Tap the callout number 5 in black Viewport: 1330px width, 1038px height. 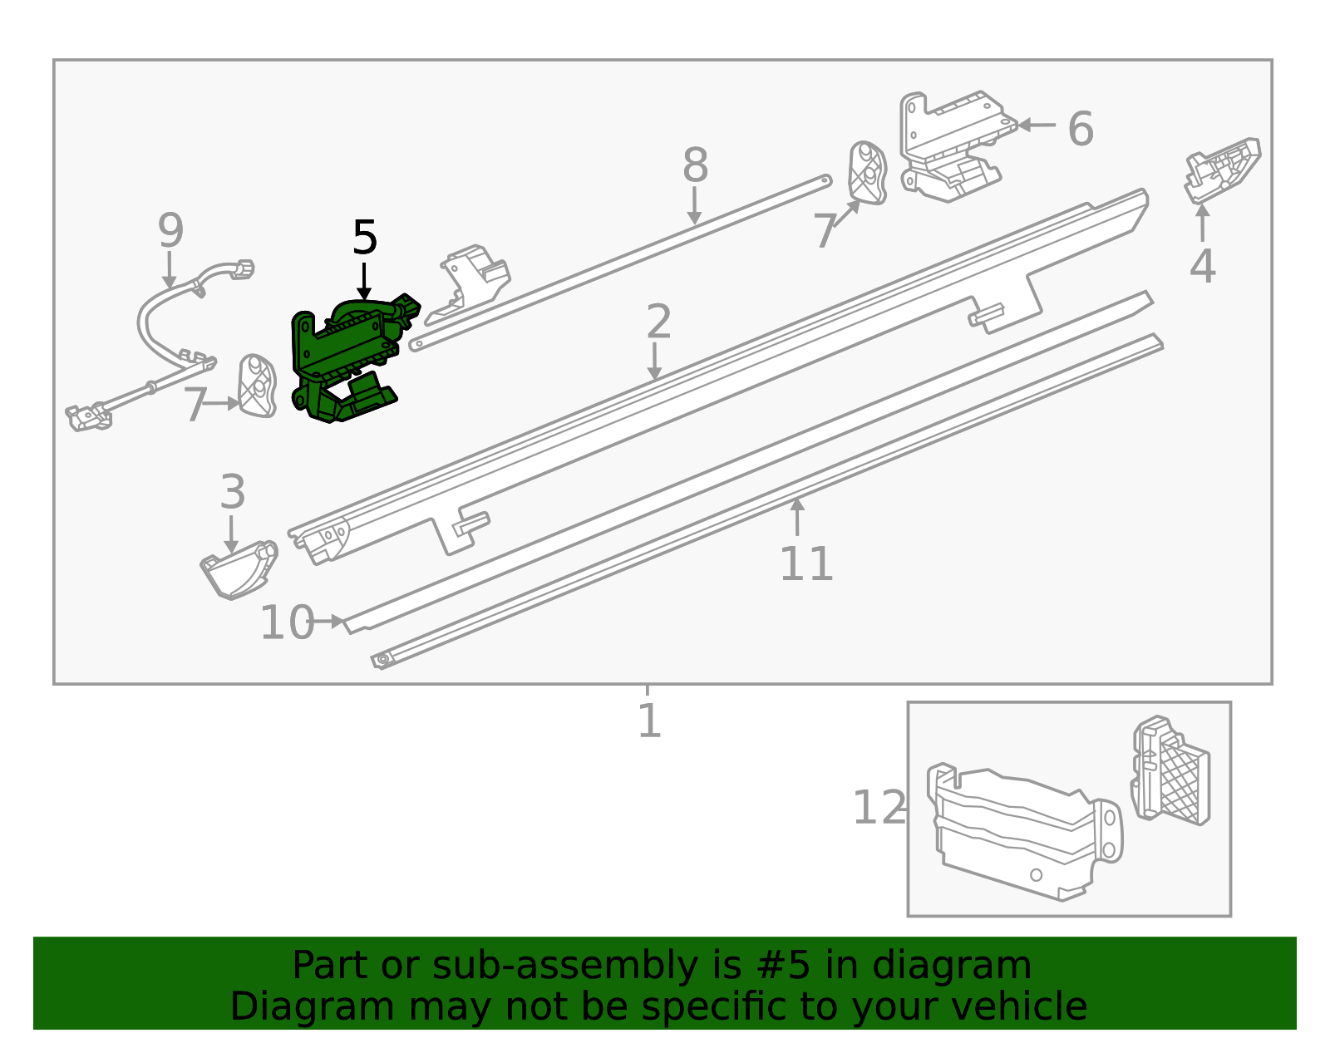tap(365, 239)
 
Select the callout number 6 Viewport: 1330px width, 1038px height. tap(1080, 129)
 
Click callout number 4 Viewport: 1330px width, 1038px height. tap(1202, 266)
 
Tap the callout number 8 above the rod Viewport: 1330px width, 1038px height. tap(695, 165)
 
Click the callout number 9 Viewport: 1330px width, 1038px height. tap(170, 230)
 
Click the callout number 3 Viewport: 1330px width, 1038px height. tap(233, 492)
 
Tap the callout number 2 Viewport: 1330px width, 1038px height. tap(658, 322)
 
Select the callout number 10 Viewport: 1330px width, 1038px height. tap(287, 622)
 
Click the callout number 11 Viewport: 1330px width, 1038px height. tap(805, 564)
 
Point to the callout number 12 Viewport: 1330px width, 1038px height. tap(879, 808)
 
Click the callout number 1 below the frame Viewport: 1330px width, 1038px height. tap(649, 721)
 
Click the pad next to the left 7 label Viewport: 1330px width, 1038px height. tap(257, 386)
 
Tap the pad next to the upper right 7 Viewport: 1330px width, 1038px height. tap(867, 173)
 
